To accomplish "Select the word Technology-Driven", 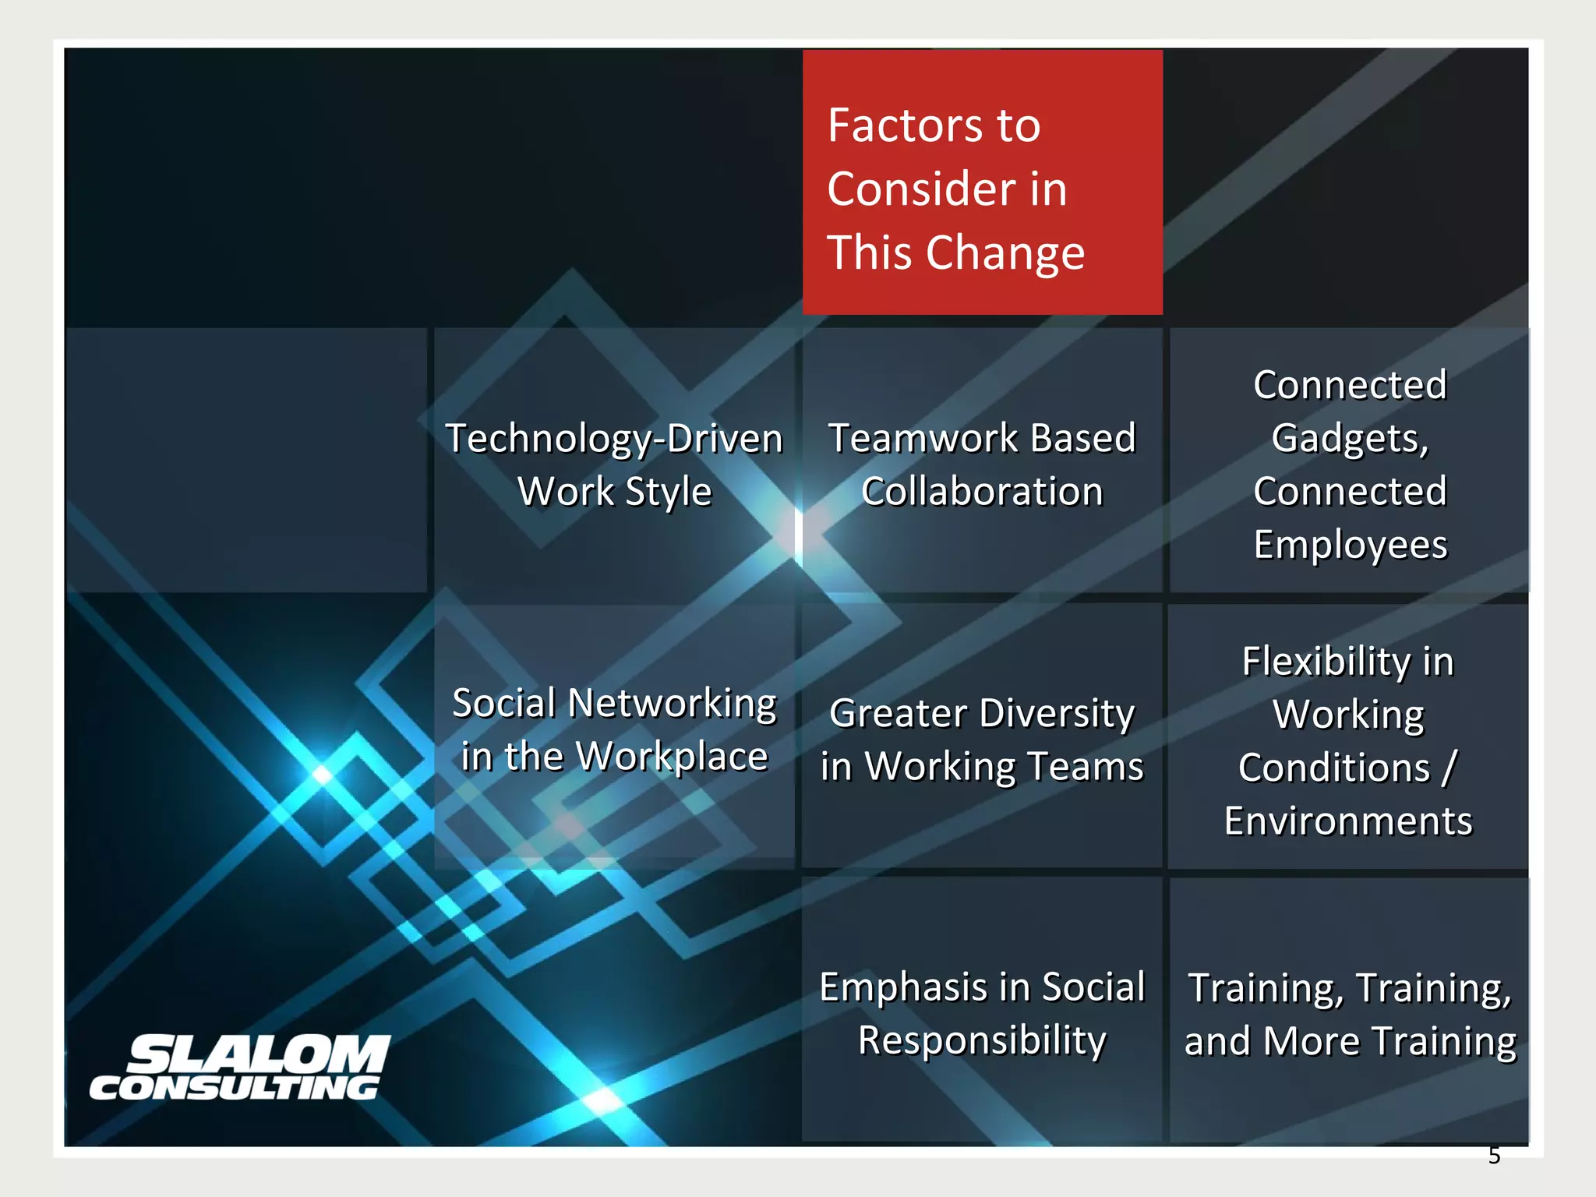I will pyautogui.click(x=614, y=439).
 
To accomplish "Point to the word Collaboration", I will pyautogui.click(x=982, y=492).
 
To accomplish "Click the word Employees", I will pyautogui.click(x=1351, y=545).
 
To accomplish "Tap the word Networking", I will pyautogui.click(x=673, y=704).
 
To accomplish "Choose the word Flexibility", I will pyautogui.click(x=1326, y=662).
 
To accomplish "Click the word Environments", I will pyautogui.click(x=1348, y=821).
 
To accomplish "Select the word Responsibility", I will pyautogui.click(x=982, y=1041).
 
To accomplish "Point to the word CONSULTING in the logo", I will pyautogui.click(x=235, y=1088).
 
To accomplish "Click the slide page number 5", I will pyautogui.click(x=1494, y=1156).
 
